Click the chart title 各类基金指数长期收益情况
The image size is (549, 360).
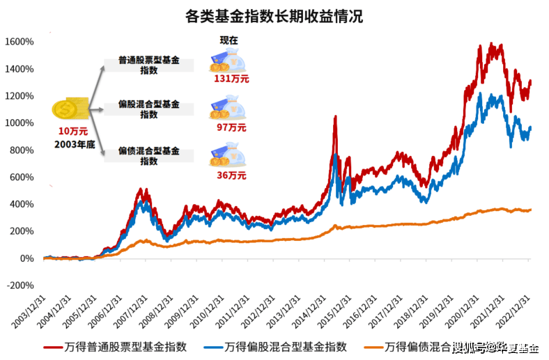pos(274,15)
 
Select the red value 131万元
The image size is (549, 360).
pos(231,79)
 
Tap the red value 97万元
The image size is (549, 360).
pos(231,127)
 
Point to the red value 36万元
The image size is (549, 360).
pos(231,175)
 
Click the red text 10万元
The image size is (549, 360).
pos(73,131)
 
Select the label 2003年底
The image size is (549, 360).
pos(73,144)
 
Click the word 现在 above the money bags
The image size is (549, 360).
pos(229,40)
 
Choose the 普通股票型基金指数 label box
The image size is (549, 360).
pos(148,65)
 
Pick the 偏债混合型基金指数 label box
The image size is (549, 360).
pos(148,155)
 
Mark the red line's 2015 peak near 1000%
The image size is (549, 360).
pos(335,118)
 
